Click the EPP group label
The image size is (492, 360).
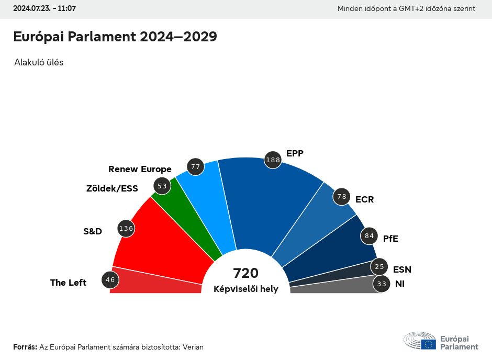click(295, 153)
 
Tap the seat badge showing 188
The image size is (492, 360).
click(273, 160)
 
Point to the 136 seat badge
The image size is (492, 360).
click(126, 228)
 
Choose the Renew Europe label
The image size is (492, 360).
click(140, 169)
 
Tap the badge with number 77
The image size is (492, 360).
click(196, 167)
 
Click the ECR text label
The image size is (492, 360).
click(364, 199)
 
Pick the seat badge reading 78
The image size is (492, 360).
click(342, 197)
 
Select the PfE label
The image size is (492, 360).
click(390, 238)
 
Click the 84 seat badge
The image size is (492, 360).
click(369, 236)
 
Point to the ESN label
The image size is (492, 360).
click(402, 269)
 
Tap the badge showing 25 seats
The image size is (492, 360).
click(379, 267)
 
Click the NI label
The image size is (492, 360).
click(400, 284)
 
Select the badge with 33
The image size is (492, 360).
click(382, 284)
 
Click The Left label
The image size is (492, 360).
click(68, 283)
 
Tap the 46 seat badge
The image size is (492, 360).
click(110, 280)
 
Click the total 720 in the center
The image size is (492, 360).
click(246, 273)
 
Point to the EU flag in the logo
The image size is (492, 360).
click(429, 344)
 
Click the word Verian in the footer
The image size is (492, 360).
click(193, 347)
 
